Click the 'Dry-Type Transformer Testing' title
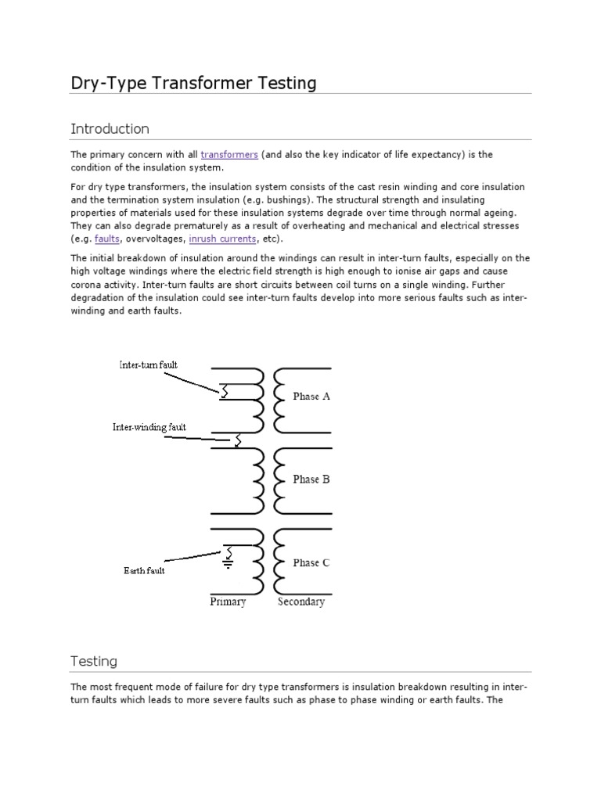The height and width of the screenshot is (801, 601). click(x=193, y=83)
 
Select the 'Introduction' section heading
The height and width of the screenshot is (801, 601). click(x=110, y=128)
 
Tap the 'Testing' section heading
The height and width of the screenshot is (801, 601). click(x=94, y=661)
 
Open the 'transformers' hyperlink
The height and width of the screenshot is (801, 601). click(x=229, y=155)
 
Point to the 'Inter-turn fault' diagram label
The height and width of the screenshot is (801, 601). click(x=149, y=365)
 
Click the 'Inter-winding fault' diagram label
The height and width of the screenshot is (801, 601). click(x=149, y=427)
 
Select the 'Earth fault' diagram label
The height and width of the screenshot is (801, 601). click(x=144, y=570)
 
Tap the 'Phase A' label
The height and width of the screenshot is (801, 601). click(x=311, y=397)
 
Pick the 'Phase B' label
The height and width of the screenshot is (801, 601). click(x=311, y=480)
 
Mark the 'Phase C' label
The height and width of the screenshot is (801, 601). click(x=311, y=562)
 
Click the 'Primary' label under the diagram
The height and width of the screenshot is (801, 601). click(x=228, y=602)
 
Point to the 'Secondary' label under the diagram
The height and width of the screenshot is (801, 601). click(x=301, y=602)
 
